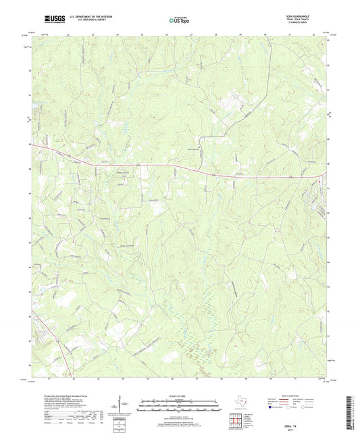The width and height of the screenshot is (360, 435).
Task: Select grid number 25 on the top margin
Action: point(142,33)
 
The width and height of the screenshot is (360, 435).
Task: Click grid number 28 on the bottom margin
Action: point(222,378)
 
